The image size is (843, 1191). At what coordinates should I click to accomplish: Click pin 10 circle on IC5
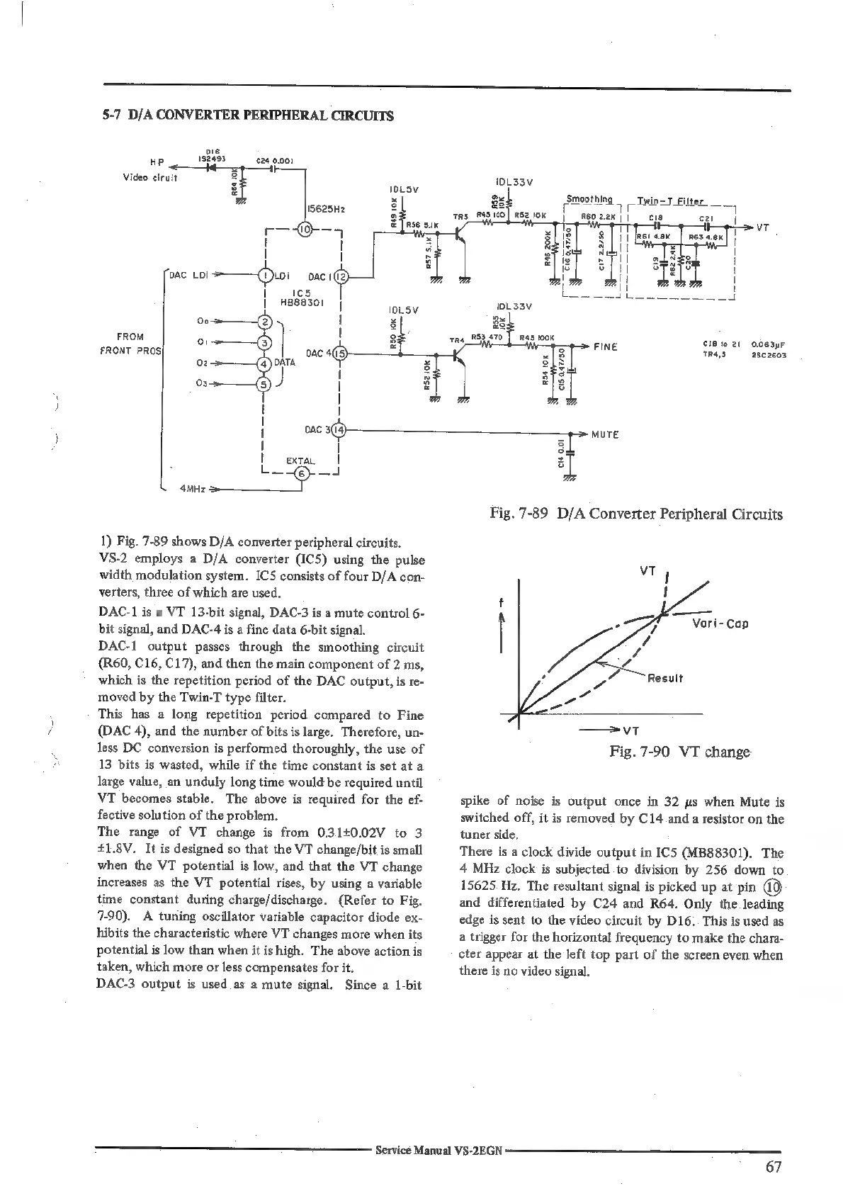tap(303, 229)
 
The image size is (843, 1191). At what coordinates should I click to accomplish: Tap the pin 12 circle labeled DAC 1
tap(339, 276)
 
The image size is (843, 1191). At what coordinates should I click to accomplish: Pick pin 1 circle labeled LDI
tap(265, 276)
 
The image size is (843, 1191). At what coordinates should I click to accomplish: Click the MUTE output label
tap(605, 434)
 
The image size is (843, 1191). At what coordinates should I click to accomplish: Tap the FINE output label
tap(606, 346)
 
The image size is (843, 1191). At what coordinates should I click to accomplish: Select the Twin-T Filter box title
tap(669, 201)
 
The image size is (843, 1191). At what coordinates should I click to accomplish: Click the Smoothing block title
tap(589, 198)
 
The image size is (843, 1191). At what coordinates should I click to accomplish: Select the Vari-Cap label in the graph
tap(720, 623)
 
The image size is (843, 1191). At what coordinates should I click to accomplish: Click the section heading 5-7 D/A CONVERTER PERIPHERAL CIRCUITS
tap(244, 115)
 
